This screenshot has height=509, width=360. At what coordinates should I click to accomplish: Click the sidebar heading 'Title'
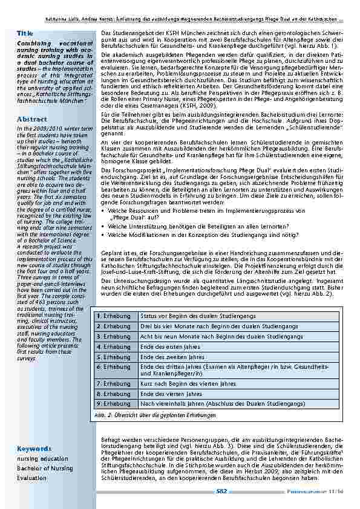25,33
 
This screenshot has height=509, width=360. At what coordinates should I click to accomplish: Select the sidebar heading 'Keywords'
34,449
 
